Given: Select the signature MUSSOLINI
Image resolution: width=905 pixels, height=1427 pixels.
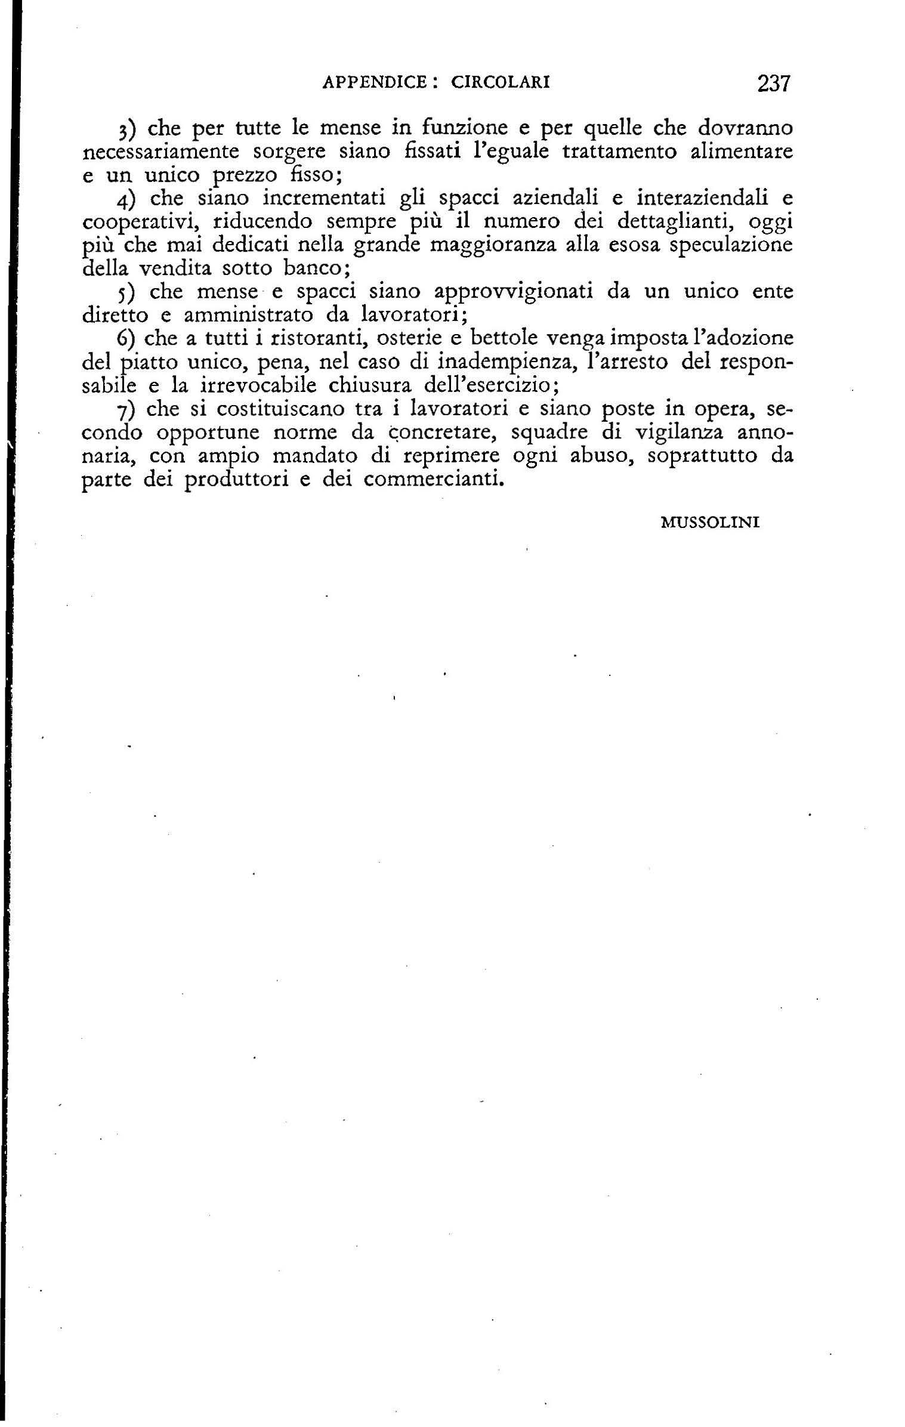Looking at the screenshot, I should pyautogui.click(x=709, y=523).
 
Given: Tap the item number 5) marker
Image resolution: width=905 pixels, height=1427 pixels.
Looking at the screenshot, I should pyautogui.click(x=129, y=293).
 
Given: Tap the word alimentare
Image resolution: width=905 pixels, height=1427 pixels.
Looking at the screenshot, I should pyautogui.click(x=741, y=152).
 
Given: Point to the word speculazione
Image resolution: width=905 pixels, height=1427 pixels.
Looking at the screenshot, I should pyautogui.click(x=731, y=246).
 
